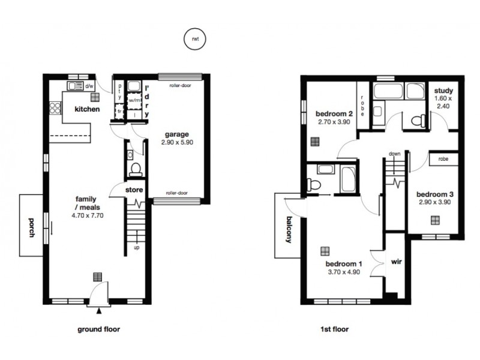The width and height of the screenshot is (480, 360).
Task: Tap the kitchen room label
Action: (x=86, y=109)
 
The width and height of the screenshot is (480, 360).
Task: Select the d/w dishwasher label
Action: (x=89, y=87)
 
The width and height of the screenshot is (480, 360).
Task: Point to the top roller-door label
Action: (x=179, y=85)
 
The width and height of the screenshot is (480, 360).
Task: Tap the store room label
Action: (x=134, y=190)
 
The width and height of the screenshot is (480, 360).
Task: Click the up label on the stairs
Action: (x=137, y=248)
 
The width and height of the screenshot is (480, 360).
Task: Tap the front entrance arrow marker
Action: (x=99, y=311)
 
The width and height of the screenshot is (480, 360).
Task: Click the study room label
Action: (x=443, y=91)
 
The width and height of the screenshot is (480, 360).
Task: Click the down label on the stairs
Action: (x=394, y=154)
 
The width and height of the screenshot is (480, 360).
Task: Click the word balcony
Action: (x=288, y=229)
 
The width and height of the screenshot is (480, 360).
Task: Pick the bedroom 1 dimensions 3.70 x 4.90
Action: (x=344, y=272)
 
